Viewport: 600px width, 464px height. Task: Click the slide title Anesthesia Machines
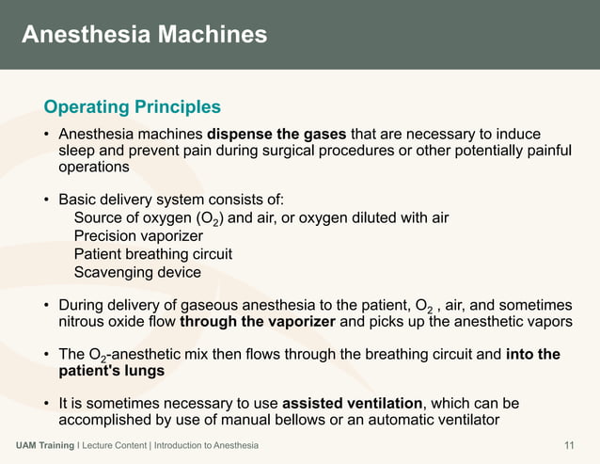click(144, 36)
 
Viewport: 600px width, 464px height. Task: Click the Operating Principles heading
click(133, 106)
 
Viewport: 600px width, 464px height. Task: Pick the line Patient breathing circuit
click(152, 254)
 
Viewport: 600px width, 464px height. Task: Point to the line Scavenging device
click(137, 272)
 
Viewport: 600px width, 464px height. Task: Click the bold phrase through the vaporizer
click(258, 321)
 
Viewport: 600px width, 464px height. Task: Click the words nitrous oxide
click(100, 321)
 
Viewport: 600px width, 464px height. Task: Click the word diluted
click(369, 218)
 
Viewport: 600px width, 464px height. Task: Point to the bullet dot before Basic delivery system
click(45, 200)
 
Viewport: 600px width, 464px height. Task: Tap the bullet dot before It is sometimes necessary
click(45, 404)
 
